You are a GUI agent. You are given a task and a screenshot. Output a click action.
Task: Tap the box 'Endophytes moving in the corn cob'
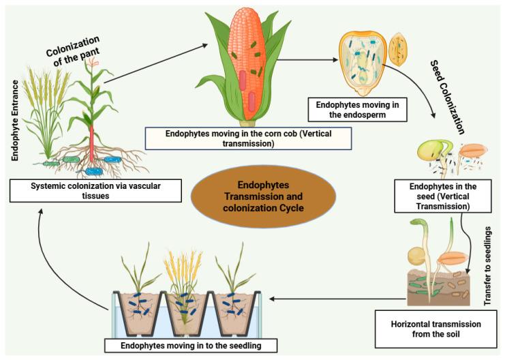tap(249, 138)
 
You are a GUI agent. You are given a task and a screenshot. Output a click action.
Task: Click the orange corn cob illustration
tap(248, 65)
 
